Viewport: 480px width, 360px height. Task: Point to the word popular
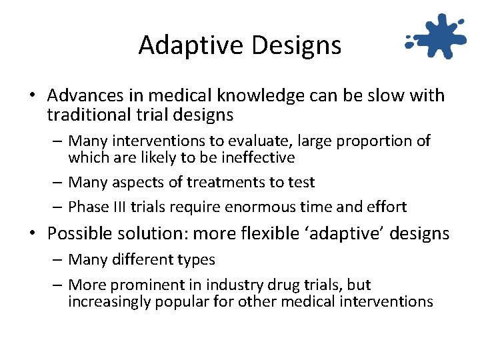181,301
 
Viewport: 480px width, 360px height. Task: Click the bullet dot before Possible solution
32,234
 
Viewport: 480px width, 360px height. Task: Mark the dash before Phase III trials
59,207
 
